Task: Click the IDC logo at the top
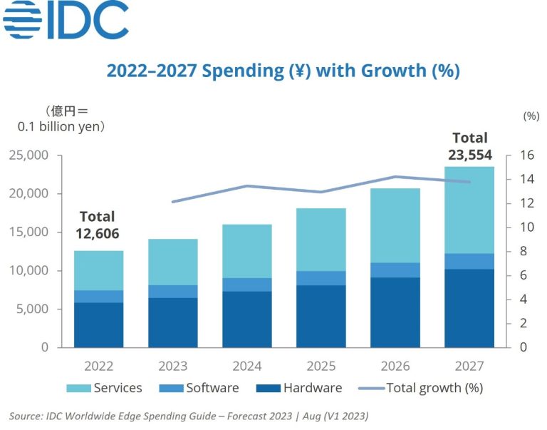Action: pos(66,21)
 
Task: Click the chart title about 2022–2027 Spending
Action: pos(283,71)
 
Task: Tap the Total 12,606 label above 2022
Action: pos(97,225)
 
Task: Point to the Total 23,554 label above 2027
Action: pos(469,146)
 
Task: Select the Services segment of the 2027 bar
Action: pos(469,210)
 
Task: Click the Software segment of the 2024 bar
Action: pos(246,285)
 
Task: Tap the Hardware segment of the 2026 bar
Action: pos(395,312)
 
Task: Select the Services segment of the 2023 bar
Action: pos(172,262)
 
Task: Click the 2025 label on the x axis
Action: pos(321,366)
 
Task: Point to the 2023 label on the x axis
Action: pos(172,366)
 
